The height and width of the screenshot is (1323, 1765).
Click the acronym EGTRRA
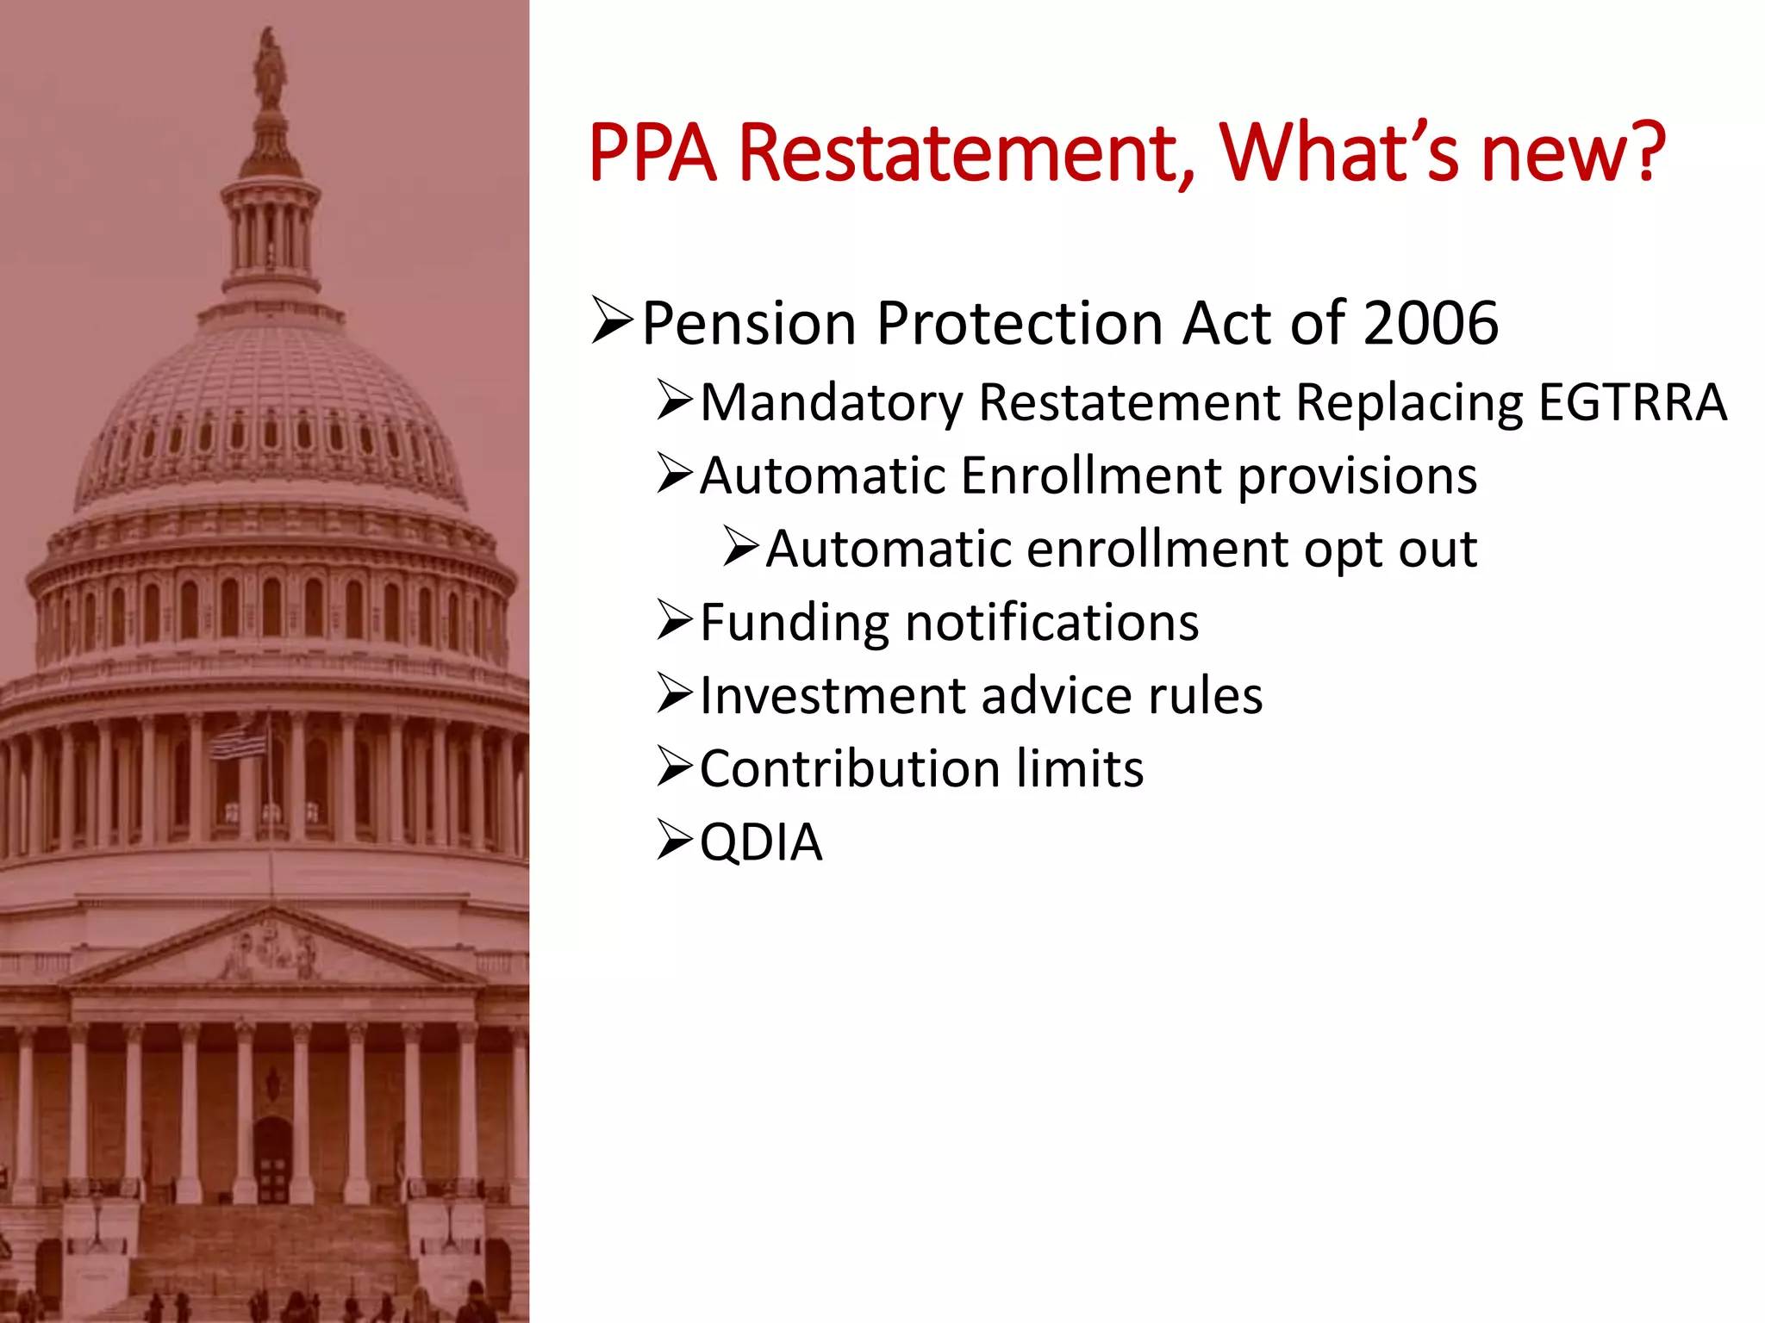click(x=1632, y=402)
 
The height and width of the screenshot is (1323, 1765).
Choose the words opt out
click(x=1390, y=550)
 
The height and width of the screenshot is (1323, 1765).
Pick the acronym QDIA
click(x=761, y=842)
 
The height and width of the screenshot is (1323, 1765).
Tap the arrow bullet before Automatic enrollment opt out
click(x=740, y=547)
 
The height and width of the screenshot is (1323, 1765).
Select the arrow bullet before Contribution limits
click(x=674, y=767)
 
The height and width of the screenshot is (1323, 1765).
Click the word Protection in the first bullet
click(x=1020, y=323)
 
